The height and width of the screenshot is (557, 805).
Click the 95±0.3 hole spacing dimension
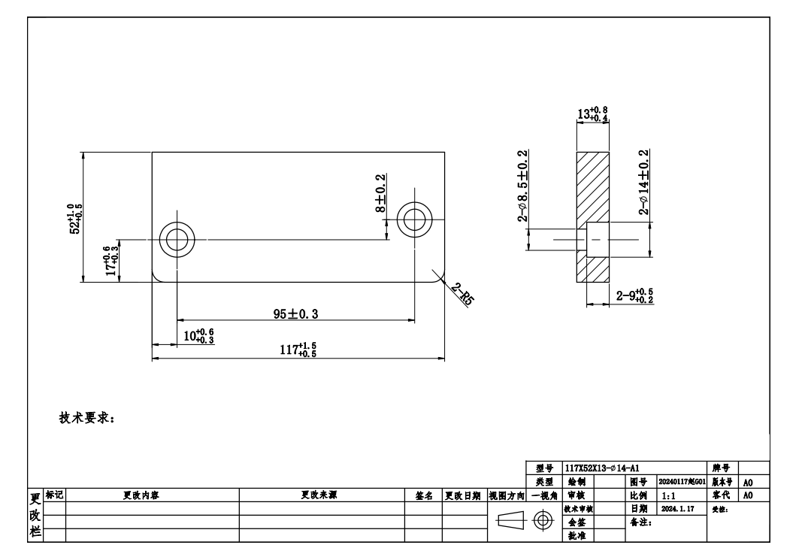[x=295, y=314]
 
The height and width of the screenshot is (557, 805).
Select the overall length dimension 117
[x=303, y=350]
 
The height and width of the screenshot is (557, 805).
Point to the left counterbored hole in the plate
[x=177, y=240]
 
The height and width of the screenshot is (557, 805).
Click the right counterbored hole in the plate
[x=413, y=219]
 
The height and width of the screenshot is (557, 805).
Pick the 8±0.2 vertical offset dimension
[x=381, y=194]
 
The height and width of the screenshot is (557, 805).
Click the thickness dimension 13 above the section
[x=592, y=114]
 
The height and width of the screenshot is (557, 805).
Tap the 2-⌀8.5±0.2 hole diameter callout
[x=522, y=186]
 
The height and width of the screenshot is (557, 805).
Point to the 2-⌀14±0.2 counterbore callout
[x=644, y=183]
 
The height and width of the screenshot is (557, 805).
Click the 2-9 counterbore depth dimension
[x=634, y=296]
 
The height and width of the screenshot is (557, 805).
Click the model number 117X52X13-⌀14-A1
[x=602, y=468]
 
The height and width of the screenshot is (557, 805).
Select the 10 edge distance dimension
[x=198, y=336]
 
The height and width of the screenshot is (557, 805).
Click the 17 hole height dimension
[x=112, y=259]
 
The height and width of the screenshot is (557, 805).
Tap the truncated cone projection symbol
[x=511, y=521]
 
